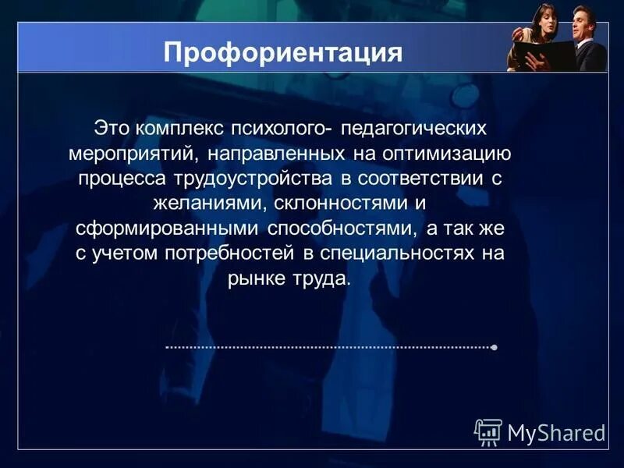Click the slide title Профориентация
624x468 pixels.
tap(283, 53)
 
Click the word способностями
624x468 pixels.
tap(342, 228)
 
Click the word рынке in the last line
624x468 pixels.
tap(257, 279)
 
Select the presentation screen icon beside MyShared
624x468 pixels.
tap(488, 431)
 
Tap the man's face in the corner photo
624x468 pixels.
tap(583, 18)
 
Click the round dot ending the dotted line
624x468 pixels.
tap(495, 346)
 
